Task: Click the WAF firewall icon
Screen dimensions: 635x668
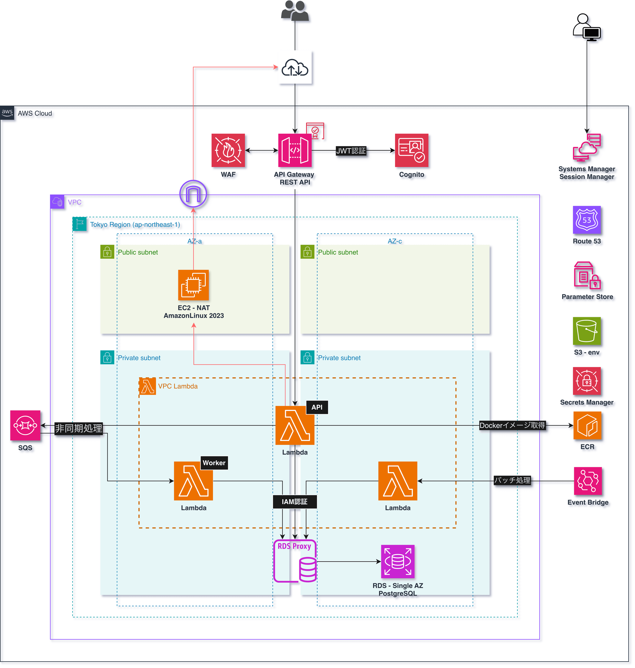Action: [x=228, y=151]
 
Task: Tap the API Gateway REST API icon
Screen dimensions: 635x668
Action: [x=295, y=151]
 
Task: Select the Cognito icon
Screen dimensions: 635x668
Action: [x=412, y=151]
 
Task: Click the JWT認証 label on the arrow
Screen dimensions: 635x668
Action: [x=351, y=151]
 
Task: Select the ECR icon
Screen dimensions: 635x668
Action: [x=587, y=426]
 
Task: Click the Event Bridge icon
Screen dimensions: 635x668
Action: [x=588, y=481]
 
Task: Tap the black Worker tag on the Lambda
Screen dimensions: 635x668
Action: [x=214, y=463]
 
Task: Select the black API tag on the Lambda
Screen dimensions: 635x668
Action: [x=317, y=407]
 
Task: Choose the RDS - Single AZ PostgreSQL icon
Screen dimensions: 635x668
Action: [x=398, y=561]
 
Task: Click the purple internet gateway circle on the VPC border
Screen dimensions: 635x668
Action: [x=193, y=194]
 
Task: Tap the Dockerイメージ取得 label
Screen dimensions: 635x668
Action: [x=512, y=426]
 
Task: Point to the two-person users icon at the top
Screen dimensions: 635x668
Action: [x=295, y=11]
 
